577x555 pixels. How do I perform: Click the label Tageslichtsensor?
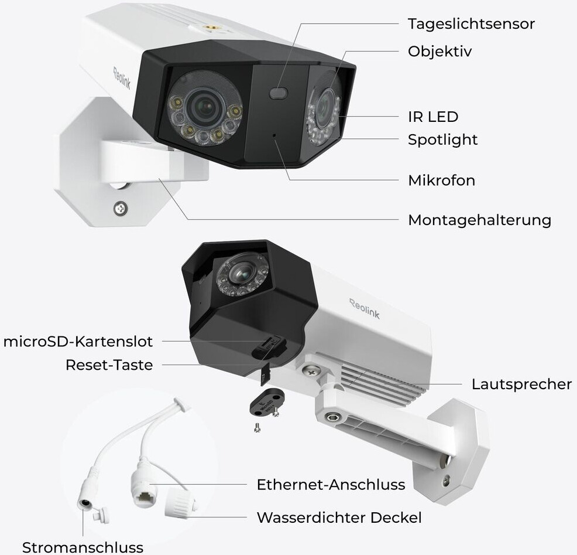click(471, 24)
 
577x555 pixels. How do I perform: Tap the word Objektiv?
click(439, 52)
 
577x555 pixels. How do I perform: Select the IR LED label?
click(433, 117)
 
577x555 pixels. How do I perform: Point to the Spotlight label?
click(442, 139)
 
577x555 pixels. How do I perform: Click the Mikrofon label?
click(441, 180)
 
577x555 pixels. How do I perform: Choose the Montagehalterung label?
click(479, 220)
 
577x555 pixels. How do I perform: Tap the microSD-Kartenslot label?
click(78, 341)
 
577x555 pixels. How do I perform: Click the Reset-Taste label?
click(109, 365)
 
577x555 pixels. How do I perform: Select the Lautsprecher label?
click(521, 384)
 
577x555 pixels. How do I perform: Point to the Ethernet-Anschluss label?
click(331, 485)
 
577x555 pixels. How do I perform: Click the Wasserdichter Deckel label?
click(339, 517)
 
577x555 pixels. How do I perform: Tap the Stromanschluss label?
click(83, 547)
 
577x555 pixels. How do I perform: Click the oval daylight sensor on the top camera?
click(279, 93)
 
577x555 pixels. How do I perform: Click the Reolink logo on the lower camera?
click(365, 308)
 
